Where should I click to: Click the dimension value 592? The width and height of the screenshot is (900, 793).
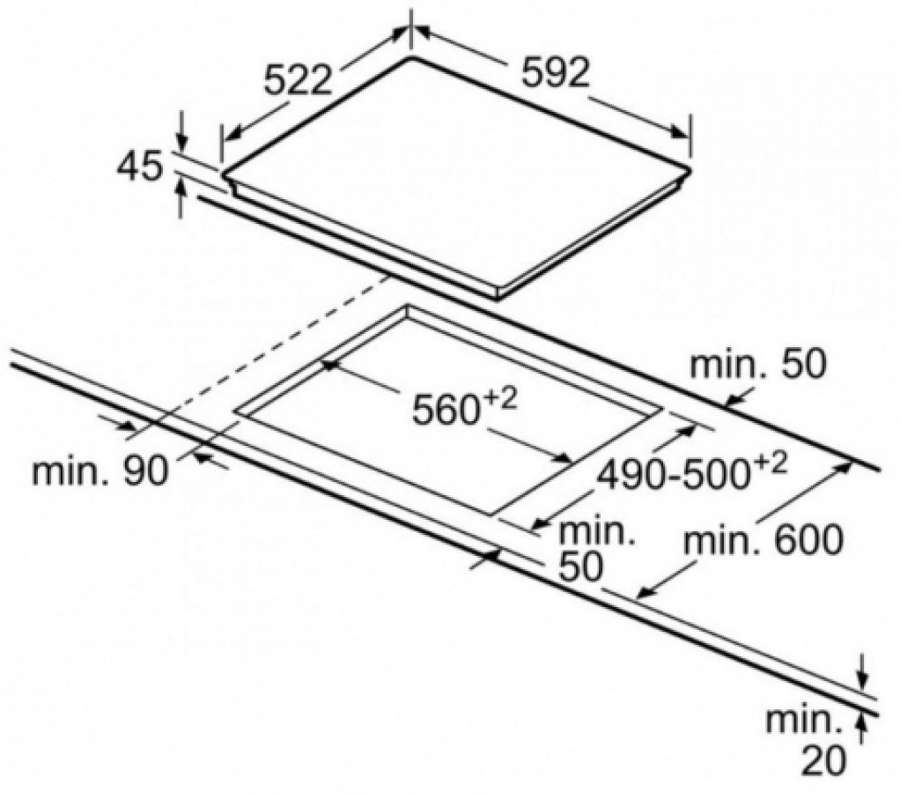point(555,73)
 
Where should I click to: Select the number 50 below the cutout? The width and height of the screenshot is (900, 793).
point(581,567)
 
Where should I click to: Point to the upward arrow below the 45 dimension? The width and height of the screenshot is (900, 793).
point(182,198)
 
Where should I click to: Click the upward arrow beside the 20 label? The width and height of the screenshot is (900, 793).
point(861,732)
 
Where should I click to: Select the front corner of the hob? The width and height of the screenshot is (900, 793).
point(496,298)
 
